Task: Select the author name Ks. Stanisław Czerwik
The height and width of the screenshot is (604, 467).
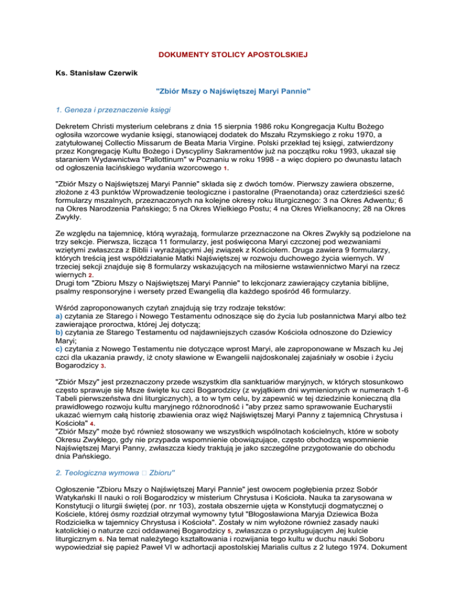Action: coord(94,74)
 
